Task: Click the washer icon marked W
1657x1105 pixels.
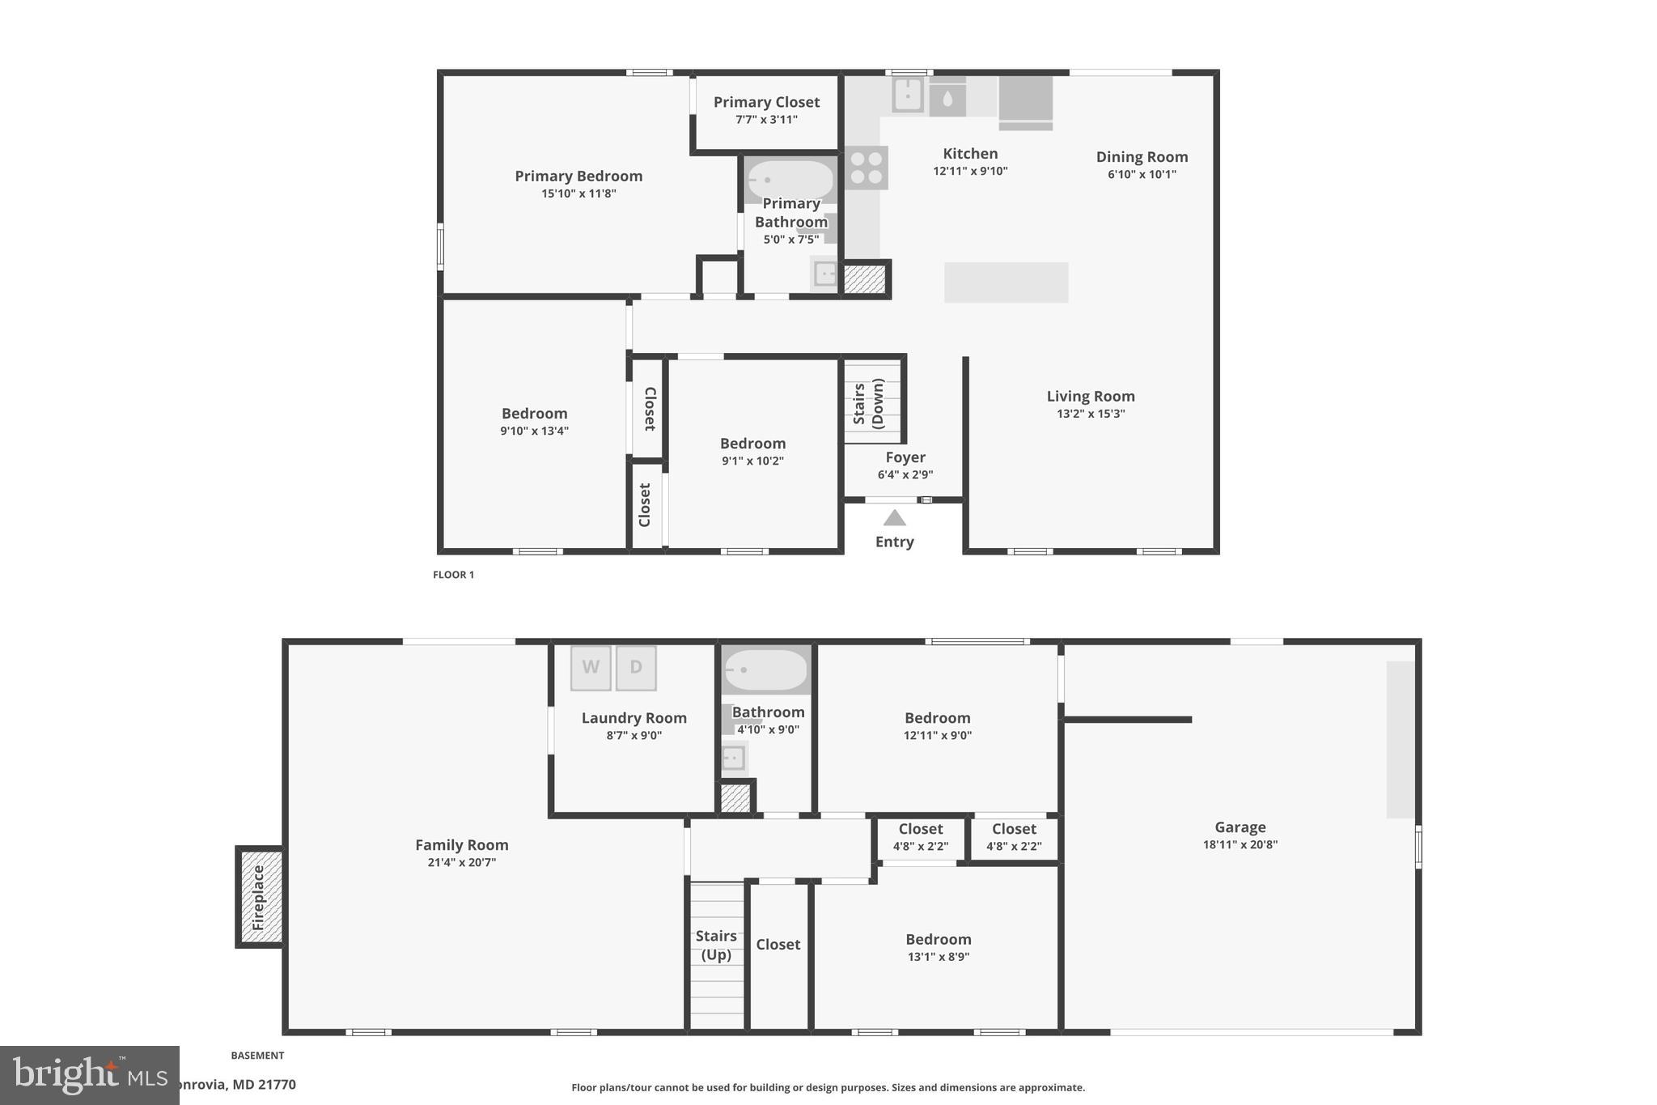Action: tap(591, 668)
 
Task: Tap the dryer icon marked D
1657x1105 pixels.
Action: tap(636, 668)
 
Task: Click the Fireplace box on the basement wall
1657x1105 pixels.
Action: tap(260, 897)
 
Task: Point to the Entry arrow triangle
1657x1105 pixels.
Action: tap(894, 518)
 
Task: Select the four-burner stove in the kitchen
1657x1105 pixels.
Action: tap(866, 168)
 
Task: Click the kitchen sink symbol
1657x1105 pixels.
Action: tap(908, 95)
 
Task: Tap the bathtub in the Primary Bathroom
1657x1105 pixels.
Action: tap(790, 180)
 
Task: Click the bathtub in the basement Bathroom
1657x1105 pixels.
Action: tap(765, 670)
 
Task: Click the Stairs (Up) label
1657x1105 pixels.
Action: tap(716, 945)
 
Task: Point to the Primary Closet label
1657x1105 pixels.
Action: tap(766, 102)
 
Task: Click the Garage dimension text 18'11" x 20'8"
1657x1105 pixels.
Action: tap(1240, 844)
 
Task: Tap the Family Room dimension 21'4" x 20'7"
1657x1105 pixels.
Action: tap(461, 862)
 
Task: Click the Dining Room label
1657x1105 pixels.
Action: tap(1142, 157)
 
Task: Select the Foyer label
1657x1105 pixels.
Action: tap(905, 457)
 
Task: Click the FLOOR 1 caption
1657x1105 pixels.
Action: tap(453, 575)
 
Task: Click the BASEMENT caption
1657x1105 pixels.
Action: tap(257, 1056)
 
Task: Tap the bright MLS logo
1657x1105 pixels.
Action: tap(89, 1075)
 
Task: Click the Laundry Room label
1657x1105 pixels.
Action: tap(634, 718)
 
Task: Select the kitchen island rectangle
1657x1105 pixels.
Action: tap(1006, 283)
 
